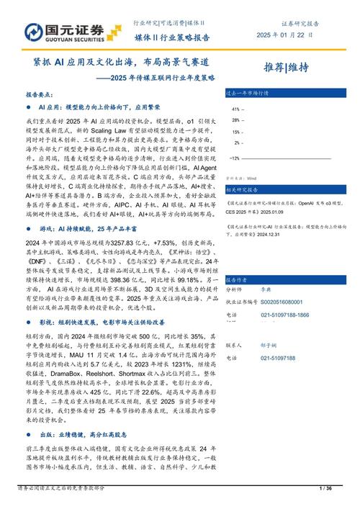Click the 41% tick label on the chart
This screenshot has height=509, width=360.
click(x=236, y=109)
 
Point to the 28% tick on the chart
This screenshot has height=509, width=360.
click(x=236, y=120)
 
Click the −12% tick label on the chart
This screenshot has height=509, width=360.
click(x=235, y=156)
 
